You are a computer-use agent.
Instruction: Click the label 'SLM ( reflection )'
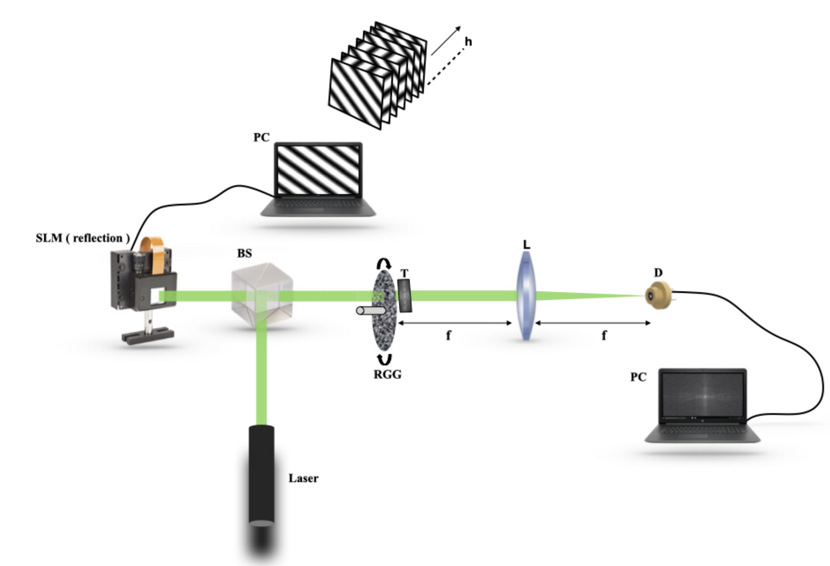[x=83, y=238]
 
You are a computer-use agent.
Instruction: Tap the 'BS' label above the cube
[x=244, y=253]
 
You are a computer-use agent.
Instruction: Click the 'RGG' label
[x=387, y=374]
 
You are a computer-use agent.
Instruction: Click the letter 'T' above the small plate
[x=404, y=273]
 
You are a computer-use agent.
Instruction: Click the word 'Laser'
[x=303, y=478]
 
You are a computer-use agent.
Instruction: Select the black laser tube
[x=261, y=476]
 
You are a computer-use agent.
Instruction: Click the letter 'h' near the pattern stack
[x=468, y=42]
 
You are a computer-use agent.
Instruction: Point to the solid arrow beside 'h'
[x=446, y=40]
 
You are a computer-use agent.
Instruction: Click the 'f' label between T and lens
[x=448, y=336]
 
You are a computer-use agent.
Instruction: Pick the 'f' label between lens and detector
[x=604, y=336]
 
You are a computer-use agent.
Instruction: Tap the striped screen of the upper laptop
[x=318, y=170]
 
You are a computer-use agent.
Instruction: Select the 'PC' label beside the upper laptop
[x=261, y=138]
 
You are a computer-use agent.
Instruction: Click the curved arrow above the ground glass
[x=383, y=264]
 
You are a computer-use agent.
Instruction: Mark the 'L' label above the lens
[x=526, y=244]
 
